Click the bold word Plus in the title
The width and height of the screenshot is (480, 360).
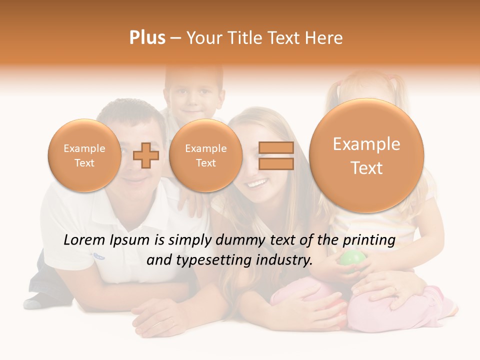(147, 37)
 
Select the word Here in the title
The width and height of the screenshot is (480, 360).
(325, 38)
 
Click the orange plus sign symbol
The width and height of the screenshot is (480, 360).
(145, 155)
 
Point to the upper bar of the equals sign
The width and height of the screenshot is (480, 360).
(276, 147)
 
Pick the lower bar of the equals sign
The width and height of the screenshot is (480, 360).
(276, 163)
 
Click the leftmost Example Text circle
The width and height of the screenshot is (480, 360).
(84, 155)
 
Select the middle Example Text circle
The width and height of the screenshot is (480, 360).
(206, 155)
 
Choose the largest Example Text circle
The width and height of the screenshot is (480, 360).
(366, 155)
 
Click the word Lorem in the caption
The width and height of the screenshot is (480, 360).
(84, 240)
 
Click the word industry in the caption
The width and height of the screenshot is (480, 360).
(284, 260)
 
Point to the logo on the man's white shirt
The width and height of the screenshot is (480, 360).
(99, 256)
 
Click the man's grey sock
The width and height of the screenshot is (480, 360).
(34, 302)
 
